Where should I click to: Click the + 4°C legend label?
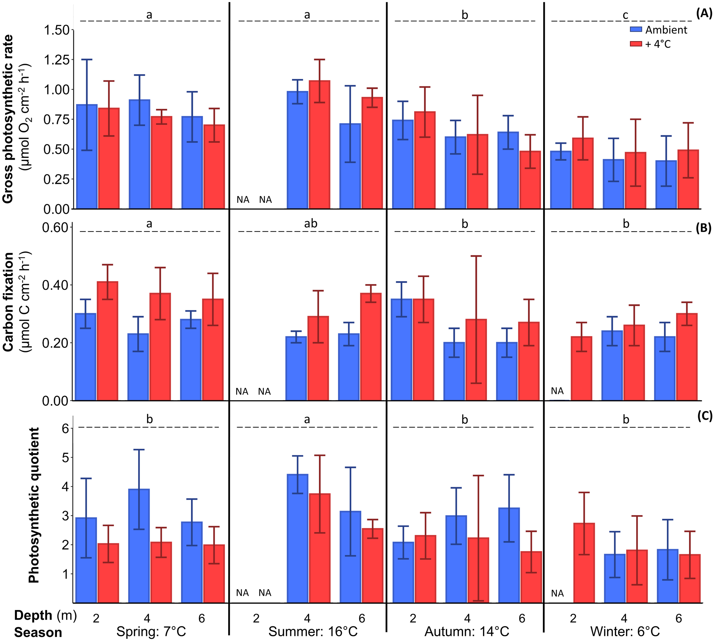[658, 44]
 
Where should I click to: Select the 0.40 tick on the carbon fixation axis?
[55, 285]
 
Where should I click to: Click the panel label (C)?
[705, 416]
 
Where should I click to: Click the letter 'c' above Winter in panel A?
[625, 15]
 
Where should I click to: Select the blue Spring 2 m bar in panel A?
[87, 157]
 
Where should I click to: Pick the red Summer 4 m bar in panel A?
[319, 145]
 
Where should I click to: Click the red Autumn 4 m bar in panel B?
[476, 360]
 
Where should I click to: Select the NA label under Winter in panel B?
[557, 391]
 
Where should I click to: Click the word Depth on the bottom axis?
[33, 615]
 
